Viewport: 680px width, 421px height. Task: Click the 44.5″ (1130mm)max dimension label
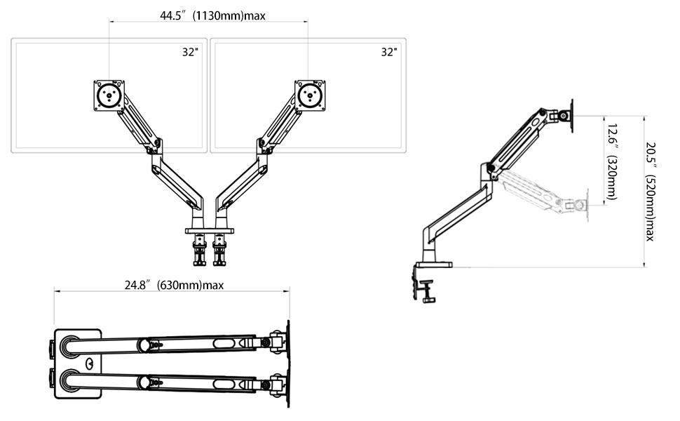(212, 16)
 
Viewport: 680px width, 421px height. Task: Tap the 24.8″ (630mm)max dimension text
(175, 285)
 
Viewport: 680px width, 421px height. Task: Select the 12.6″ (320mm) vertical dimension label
(611, 162)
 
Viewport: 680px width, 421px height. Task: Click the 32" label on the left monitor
(190, 52)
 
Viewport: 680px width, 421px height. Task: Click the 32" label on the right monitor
(389, 52)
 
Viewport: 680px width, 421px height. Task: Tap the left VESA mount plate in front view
(109, 95)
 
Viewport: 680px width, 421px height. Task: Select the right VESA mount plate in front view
(310, 95)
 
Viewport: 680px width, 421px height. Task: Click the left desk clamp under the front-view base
(200, 250)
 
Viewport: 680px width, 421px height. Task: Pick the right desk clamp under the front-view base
(219, 250)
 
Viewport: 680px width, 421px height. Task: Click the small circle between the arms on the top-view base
(90, 363)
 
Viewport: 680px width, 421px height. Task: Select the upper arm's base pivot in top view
(70, 347)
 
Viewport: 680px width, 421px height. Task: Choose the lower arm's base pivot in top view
(70, 380)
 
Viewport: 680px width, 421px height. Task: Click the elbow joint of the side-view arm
(491, 168)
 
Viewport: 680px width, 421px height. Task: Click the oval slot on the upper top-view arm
(224, 345)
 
